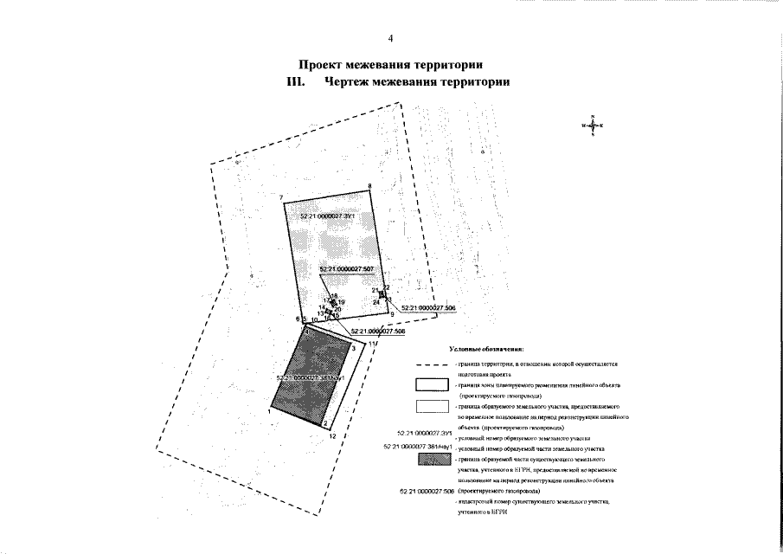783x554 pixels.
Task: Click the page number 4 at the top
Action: click(x=391, y=38)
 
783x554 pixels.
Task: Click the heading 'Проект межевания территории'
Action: click(x=390, y=65)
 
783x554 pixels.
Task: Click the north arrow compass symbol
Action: click(x=593, y=126)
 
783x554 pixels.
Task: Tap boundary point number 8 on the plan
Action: click(x=369, y=186)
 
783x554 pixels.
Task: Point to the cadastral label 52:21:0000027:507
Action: click(x=346, y=270)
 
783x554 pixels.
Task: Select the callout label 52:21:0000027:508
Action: click(x=377, y=331)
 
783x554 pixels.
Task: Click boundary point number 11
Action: click(x=372, y=345)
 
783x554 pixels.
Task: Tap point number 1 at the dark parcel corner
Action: click(x=270, y=412)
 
